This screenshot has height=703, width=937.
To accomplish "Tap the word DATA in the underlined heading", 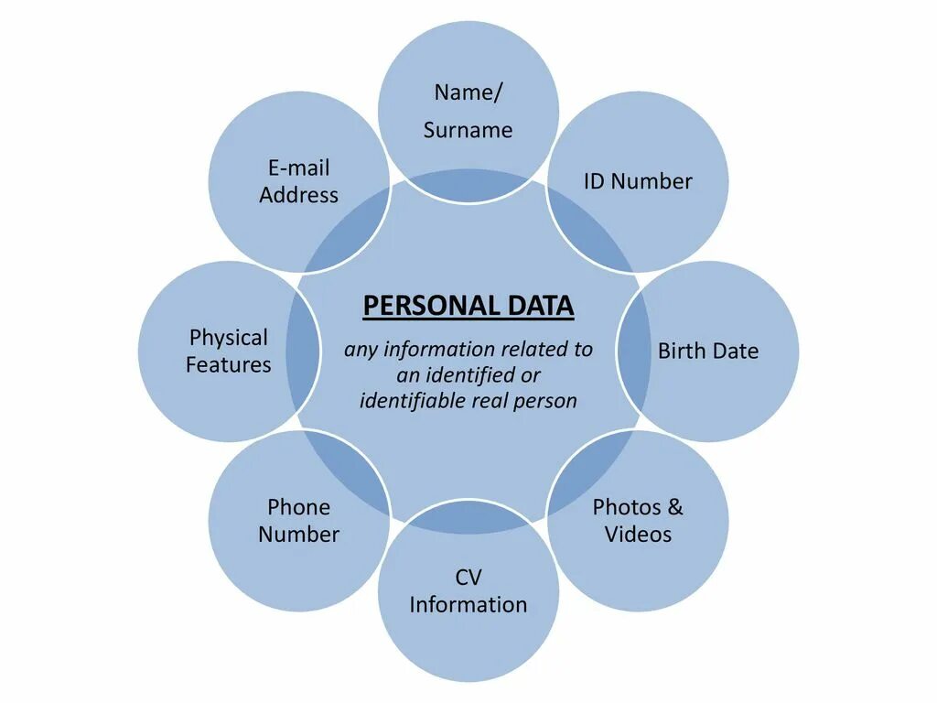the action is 539,306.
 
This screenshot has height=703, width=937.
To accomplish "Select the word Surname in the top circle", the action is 468,130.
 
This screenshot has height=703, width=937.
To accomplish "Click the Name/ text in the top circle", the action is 468,92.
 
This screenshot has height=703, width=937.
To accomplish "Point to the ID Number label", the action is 638,181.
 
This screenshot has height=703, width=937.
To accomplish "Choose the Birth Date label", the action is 708,351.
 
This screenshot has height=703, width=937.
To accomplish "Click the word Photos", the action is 627,507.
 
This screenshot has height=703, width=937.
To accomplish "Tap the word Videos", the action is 638,535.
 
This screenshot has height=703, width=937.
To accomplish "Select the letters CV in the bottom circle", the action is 468,578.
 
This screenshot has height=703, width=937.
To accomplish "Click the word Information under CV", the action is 468,605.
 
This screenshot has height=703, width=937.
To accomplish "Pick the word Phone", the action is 298,507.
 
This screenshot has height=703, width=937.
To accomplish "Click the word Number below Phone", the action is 298,535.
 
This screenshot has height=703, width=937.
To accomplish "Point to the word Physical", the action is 228,338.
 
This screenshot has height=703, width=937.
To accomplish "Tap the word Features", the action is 228,365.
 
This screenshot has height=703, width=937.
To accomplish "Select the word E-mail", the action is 298,168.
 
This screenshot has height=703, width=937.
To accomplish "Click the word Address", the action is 298,195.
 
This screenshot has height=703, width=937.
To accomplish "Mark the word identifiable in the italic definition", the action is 412,401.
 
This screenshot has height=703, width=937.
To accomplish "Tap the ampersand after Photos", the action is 675,507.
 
